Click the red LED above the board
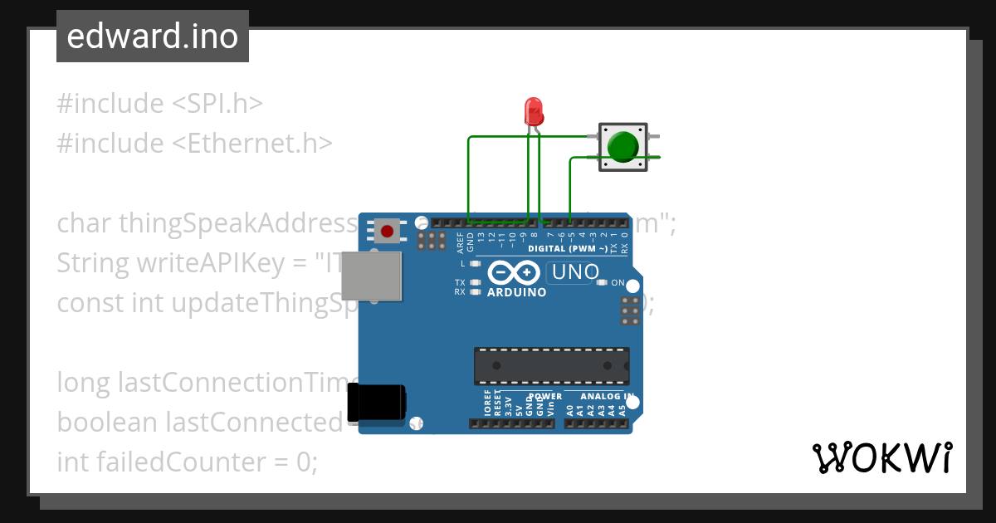(534, 110)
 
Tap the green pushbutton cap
(622, 146)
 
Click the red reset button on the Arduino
(385, 230)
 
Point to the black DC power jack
(376, 403)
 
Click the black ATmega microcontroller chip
(551, 365)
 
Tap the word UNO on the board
(576, 272)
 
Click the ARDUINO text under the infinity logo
(516, 292)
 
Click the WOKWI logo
(881, 457)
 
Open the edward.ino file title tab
(152, 37)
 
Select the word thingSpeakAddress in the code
(237, 223)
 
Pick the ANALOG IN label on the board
(607, 396)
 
